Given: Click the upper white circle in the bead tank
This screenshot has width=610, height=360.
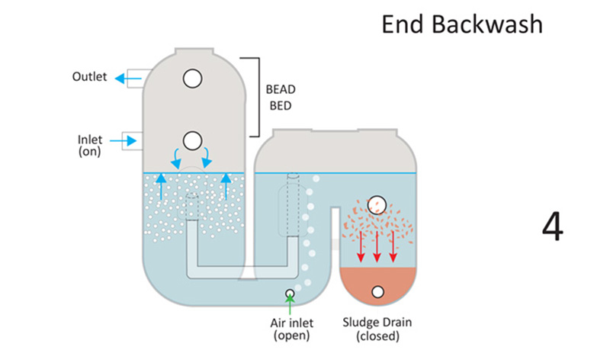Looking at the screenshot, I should [192, 78].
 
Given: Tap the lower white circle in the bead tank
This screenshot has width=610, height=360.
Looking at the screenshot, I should [192, 140].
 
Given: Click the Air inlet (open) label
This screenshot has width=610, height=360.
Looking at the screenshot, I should [290, 329].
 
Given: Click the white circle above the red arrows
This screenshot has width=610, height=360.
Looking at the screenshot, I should [377, 204].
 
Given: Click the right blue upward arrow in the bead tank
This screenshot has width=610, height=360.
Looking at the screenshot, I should [226, 185].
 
